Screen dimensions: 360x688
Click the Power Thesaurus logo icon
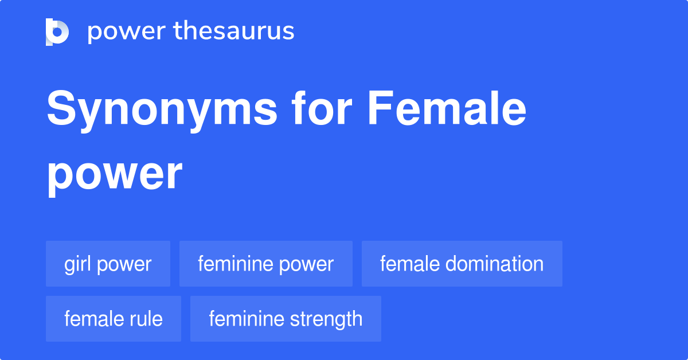tap(57, 32)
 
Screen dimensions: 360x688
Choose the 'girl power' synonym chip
tap(108, 264)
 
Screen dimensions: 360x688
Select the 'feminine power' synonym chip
tap(265, 264)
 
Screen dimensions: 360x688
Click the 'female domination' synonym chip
tap(462, 264)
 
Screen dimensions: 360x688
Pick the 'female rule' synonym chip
tap(113, 319)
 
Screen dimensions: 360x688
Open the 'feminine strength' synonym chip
tap(286, 319)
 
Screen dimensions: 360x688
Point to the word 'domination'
tap(494, 264)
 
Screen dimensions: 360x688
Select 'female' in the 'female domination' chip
tap(409, 264)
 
